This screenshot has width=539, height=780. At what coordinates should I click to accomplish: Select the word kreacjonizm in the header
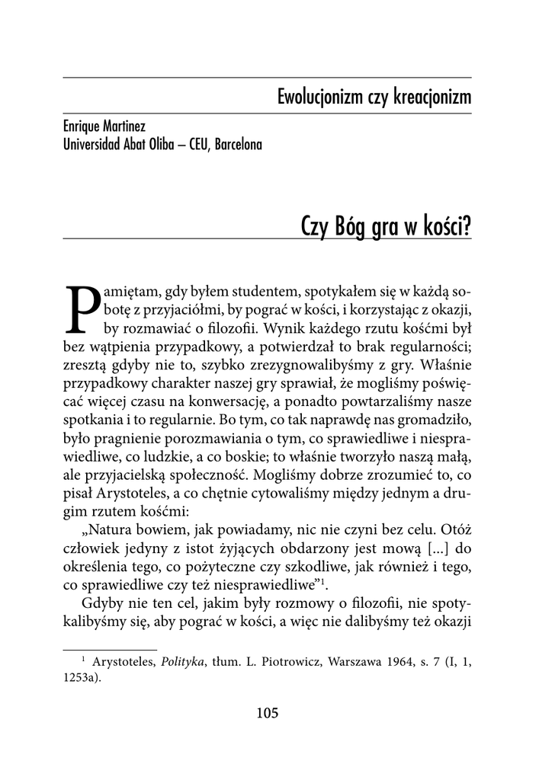tap(432, 97)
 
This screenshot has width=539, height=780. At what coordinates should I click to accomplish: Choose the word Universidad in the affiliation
tap(91, 143)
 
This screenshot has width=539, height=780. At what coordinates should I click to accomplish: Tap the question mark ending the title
tap(467, 225)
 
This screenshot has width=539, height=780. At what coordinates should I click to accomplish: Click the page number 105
tap(268, 714)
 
